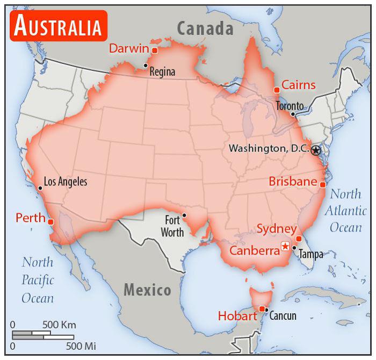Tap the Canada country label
[205, 28]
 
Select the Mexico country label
[148, 291]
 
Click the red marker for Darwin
[154, 51]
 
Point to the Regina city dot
[145, 66]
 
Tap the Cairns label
[298, 85]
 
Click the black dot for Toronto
[293, 114]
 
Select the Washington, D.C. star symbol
[316, 150]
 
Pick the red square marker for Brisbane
[322, 184]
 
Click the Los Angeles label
[65, 182]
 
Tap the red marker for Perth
[50, 221]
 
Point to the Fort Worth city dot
[184, 215]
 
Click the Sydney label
[276, 229]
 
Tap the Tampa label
[310, 254]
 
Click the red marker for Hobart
[262, 308]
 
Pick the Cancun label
[283, 316]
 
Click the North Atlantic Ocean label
[345, 211]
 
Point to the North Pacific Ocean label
[38, 280]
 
